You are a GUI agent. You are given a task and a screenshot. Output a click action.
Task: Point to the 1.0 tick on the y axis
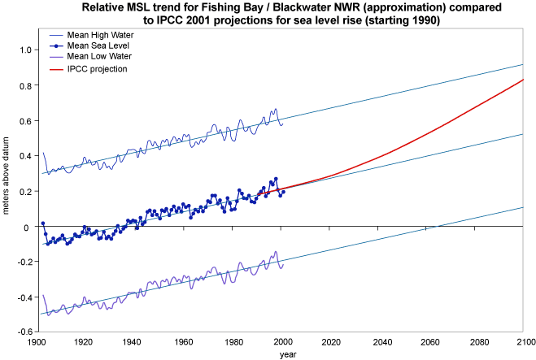point(24,50)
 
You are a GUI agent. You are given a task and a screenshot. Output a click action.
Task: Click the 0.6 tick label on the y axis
point(24,121)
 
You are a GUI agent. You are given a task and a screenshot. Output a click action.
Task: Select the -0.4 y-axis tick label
point(23,297)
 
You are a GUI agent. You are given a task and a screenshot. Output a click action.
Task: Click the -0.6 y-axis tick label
point(23,332)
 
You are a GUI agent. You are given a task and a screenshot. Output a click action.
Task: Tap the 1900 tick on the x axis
point(36,341)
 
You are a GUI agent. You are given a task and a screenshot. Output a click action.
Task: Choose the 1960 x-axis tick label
point(184,341)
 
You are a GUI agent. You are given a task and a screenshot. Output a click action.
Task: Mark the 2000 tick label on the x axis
point(283,341)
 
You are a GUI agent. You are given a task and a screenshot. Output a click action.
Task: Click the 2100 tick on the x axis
point(524,341)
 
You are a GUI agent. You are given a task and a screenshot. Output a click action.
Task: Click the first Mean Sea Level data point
point(43,223)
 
